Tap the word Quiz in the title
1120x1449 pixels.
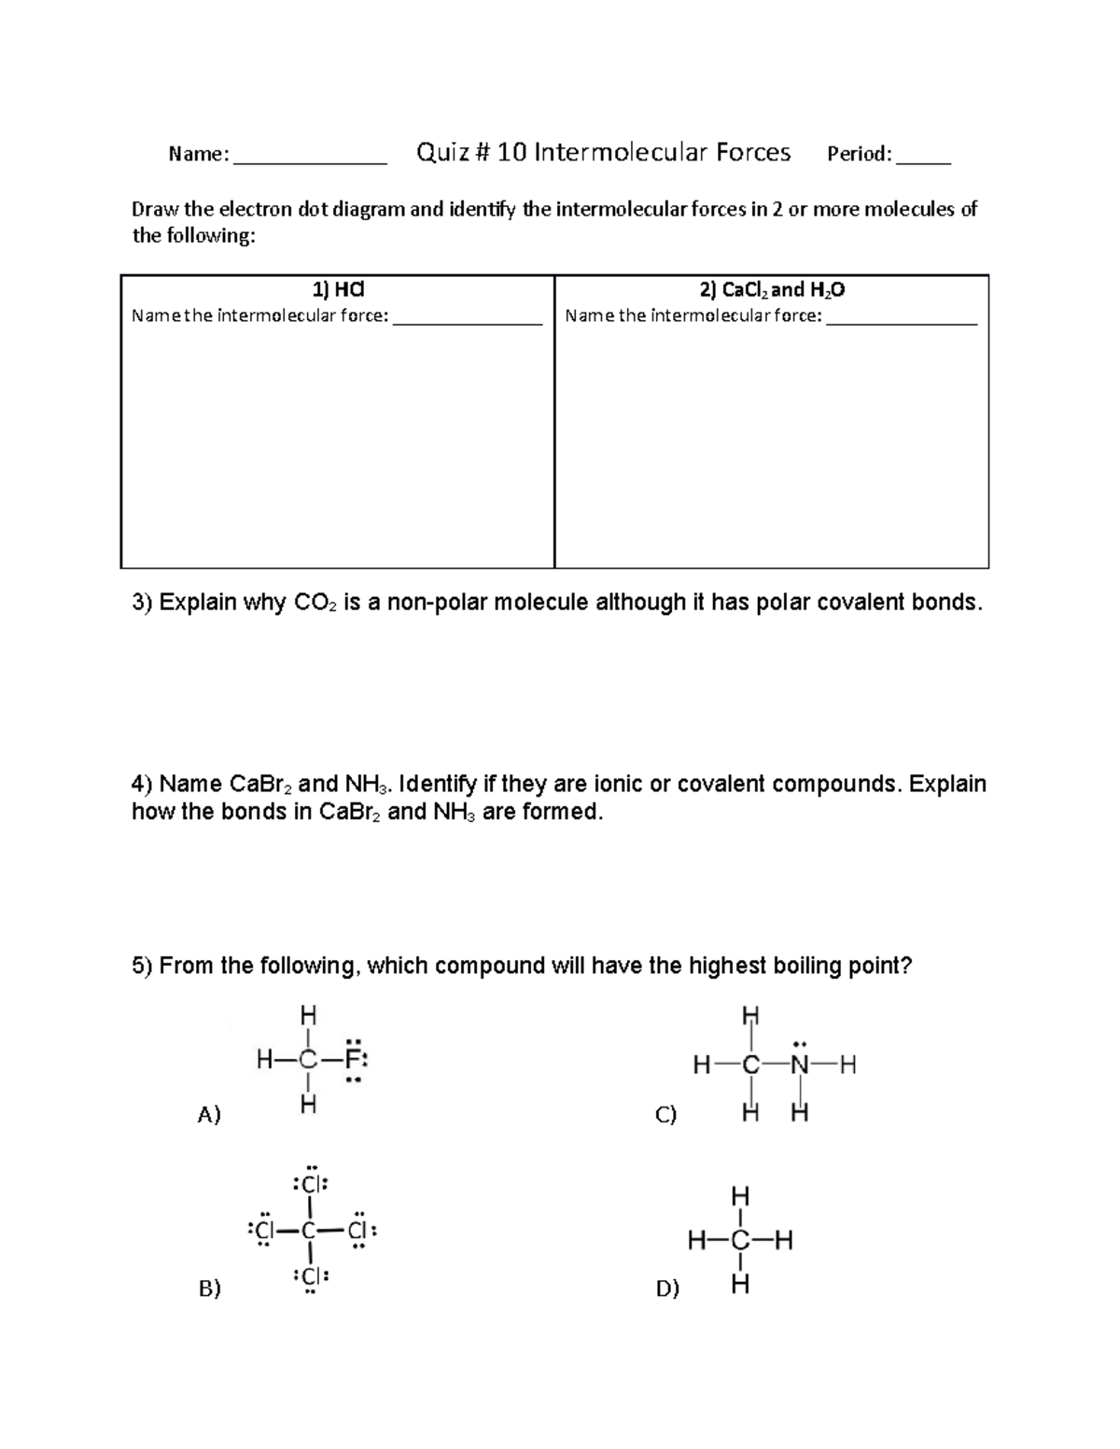coord(443,152)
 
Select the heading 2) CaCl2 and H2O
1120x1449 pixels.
coord(772,290)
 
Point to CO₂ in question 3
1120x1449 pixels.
coord(316,603)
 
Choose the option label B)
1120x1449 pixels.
coord(209,1289)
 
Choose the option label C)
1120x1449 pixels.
coord(665,1114)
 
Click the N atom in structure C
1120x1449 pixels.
coord(799,1065)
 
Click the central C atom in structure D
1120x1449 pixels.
coord(740,1241)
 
